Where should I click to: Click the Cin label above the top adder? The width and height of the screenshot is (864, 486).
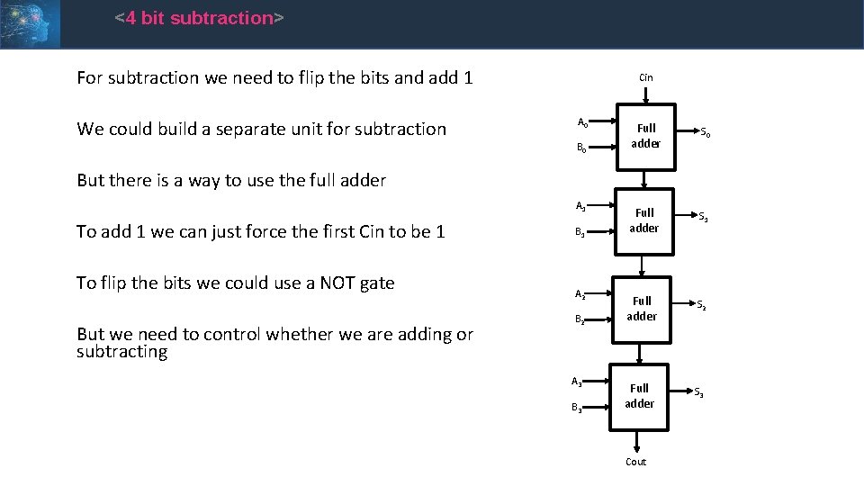[x=645, y=77]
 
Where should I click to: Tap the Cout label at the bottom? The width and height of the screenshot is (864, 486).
[x=635, y=462]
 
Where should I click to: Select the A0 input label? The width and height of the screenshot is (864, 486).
[x=582, y=122]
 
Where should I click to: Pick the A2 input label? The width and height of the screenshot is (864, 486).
[x=580, y=294]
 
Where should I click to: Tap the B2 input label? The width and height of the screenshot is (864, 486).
[x=580, y=319]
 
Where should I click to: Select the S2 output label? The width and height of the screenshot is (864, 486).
[x=701, y=305]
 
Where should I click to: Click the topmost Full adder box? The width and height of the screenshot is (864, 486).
[x=645, y=136]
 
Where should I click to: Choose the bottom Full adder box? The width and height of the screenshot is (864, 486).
[x=639, y=396]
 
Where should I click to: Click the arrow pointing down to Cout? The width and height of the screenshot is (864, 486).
[x=636, y=441]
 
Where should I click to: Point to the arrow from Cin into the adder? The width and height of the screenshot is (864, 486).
[x=645, y=98]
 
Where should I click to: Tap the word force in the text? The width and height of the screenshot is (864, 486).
[x=286, y=231]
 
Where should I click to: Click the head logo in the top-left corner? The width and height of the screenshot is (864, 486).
[x=30, y=23]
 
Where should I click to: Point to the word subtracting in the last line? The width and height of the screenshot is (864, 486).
[x=121, y=351]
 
